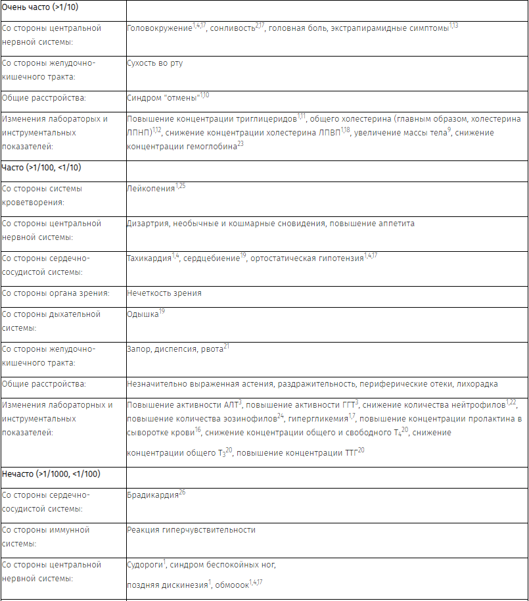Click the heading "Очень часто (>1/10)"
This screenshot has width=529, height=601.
click(x=41, y=7)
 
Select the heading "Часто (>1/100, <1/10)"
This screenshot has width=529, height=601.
click(x=41, y=168)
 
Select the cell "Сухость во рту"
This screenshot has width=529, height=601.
click(x=154, y=63)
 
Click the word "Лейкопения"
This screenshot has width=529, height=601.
click(x=150, y=189)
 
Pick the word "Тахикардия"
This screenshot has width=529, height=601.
click(x=149, y=258)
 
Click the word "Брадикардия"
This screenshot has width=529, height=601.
click(x=152, y=495)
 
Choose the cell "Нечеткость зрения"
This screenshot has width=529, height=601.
click(x=164, y=293)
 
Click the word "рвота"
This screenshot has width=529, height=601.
click(x=212, y=349)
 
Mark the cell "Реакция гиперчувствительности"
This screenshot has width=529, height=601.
click(x=191, y=530)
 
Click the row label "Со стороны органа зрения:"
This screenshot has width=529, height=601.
click(x=55, y=293)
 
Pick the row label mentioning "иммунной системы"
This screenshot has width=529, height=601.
click(x=46, y=537)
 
